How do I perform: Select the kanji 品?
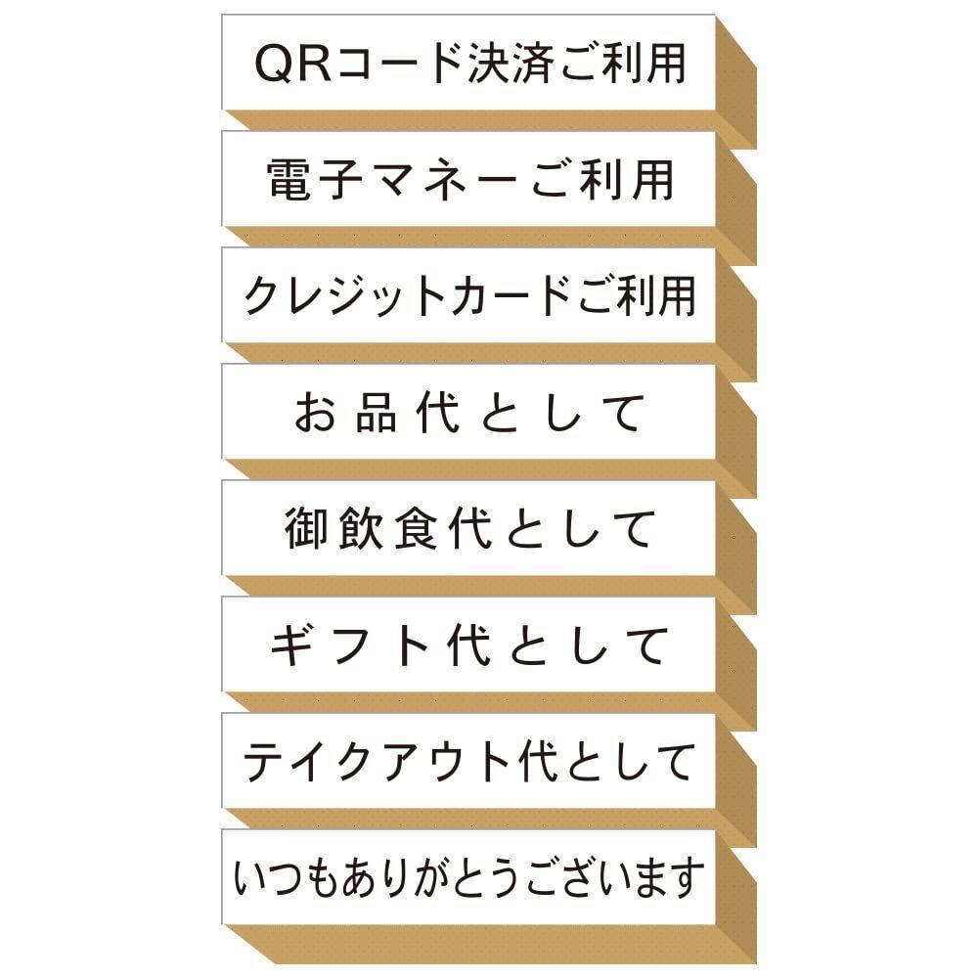tap(377, 413)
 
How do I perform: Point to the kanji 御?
tap(306, 529)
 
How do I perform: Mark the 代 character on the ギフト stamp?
tap(464, 645)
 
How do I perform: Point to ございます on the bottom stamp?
tap(616, 878)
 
